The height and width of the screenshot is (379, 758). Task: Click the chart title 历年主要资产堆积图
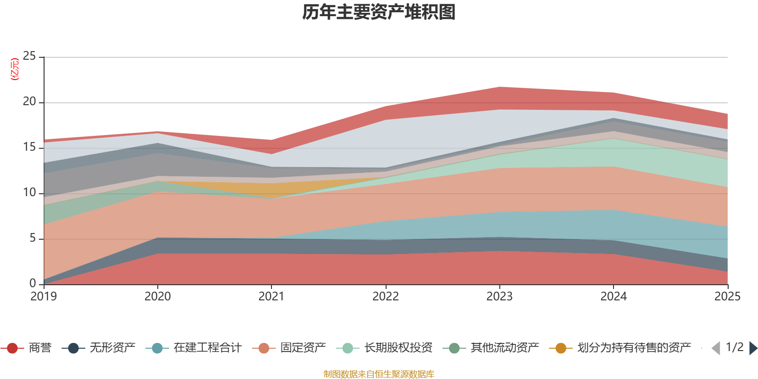point(379,12)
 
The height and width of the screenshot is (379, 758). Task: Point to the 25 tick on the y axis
point(29,56)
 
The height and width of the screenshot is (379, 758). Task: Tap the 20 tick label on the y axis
point(29,102)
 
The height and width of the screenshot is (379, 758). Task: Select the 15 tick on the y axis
point(29,147)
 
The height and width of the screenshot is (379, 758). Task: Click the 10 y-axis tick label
point(29,192)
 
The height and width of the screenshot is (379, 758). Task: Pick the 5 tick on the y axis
point(32,238)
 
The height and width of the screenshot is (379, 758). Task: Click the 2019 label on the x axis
point(44,297)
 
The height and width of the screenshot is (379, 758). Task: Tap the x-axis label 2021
point(271,297)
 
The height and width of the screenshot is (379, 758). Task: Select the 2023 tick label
point(499,297)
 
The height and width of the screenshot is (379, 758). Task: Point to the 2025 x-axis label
point(727,297)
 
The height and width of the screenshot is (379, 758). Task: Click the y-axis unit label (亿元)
point(15,69)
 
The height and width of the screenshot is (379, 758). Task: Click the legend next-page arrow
point(753,348)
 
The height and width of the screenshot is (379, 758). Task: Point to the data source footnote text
point(379,374)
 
